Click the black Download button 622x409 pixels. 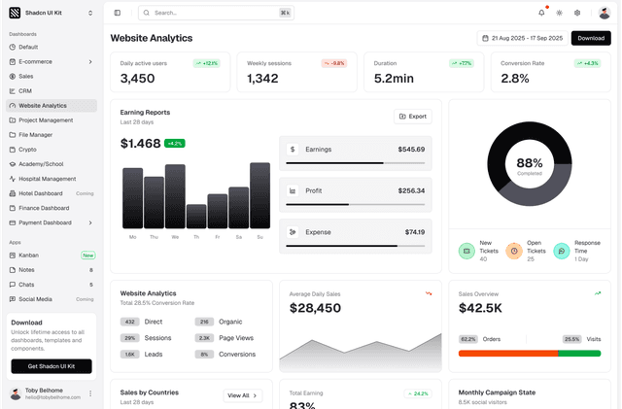coord(591,38)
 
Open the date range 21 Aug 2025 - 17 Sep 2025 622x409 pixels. coord(522,38)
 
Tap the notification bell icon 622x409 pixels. coord(541,13)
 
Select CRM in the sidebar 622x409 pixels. coord(25,90)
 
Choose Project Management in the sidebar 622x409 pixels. coord(46,120)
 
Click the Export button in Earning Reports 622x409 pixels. coord(413,117)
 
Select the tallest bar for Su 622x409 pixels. coord(259,195)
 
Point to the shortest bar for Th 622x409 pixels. coord(196,216)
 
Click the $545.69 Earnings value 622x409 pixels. coord(410,150)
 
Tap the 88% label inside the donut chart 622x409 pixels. coord(529,163)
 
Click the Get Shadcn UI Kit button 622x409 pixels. coord(52,366)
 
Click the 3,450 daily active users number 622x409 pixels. coord(137,79)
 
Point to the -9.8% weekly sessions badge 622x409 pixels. coord(333,63)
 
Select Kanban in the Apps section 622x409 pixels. coord(30,255)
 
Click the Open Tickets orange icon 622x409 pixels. coord(513,251)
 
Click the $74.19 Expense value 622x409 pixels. coord(414,232)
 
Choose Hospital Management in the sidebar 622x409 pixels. coord(47,179)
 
